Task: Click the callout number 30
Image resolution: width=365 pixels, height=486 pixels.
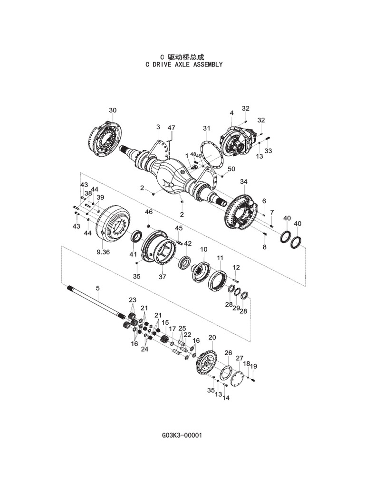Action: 113,111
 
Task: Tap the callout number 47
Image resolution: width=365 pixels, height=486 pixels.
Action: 171,128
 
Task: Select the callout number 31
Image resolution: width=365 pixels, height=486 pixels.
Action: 206,129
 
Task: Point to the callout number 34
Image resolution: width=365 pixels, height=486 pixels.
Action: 244,182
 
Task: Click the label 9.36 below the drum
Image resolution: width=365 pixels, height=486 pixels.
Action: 103,252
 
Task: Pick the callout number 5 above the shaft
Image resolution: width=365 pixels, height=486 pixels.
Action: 98,288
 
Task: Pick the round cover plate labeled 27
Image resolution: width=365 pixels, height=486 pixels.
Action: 236,379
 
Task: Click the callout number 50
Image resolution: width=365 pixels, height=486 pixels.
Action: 231,169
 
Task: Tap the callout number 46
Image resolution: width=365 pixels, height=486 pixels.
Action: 149,212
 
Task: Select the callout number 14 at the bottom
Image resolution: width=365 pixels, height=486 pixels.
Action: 226,398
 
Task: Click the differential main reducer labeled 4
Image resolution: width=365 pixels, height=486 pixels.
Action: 236,140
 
